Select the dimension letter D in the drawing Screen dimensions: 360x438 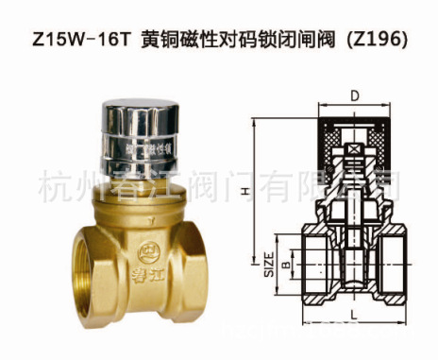[353, 95]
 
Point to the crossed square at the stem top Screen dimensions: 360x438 [352, 149]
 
